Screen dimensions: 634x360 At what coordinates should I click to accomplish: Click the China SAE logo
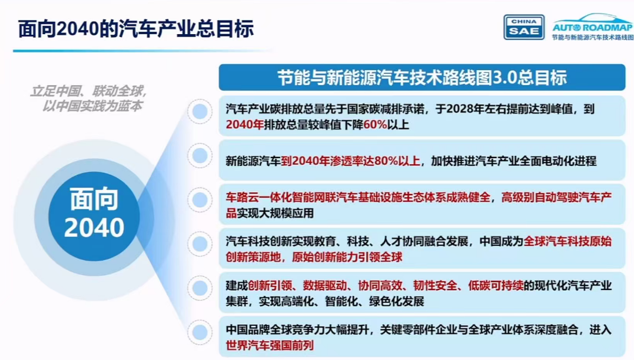pos(523,27)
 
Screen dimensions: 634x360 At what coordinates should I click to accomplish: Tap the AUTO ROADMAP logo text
pos(592,28)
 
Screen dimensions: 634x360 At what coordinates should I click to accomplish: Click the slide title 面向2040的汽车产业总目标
pos(136,29)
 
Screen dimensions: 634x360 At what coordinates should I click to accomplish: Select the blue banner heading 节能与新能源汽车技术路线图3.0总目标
pos(421,78)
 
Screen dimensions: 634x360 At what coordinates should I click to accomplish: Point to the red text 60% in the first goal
pos(375,125)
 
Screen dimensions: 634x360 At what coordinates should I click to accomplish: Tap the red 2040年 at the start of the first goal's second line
pos(245,125)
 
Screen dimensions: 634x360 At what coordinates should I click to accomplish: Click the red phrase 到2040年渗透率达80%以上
pos(351,161)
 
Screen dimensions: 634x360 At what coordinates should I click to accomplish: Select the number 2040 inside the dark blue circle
pos(94,228)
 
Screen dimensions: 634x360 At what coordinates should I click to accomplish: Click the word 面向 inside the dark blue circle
pos(94,199)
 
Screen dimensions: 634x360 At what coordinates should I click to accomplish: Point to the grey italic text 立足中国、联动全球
pos(88,91)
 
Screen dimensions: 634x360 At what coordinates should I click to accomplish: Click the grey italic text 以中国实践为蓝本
pos(92,106)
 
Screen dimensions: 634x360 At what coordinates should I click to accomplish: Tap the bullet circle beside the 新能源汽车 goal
pos(200,155)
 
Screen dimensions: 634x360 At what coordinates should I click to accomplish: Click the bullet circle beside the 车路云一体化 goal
pos(200,199)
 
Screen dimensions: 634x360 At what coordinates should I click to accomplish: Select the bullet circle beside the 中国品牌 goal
pos(200,332)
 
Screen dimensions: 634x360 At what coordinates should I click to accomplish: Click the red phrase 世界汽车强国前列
pos(270,345)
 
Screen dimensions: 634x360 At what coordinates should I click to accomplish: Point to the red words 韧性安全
pos(434,286)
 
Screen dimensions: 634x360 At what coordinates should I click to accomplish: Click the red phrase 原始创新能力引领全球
pos(347,257)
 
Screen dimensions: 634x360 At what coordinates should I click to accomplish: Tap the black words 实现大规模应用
pos(275,213)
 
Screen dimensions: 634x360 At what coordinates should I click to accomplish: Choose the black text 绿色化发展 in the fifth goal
pos(396,301)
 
